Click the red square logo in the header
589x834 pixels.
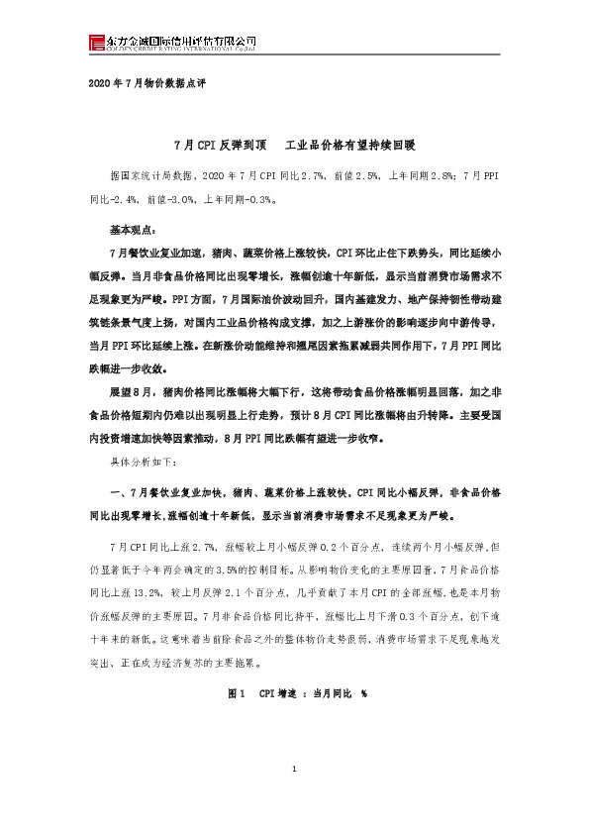tap(95, 43)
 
